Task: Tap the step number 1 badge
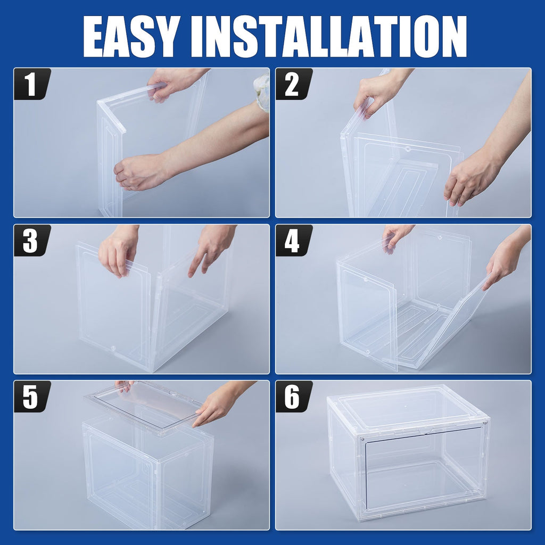pyautogui.click(x=31, y=85)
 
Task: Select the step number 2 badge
pyautogui.click(x=293, y=85)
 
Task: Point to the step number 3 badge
pyautogui.click(x=31, y=241)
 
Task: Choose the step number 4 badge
pyautogui.click(x=293, y=241)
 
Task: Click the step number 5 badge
pyautogui.click(x=31, y=397)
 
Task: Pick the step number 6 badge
pyautogui.click(x=293, y=397)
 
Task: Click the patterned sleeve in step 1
pyautogui.click(x=262, y=92)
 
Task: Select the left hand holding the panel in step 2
pyautogui.click(x=375, y=96)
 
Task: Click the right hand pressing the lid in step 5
pyautogui.click(x=216, y=407)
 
